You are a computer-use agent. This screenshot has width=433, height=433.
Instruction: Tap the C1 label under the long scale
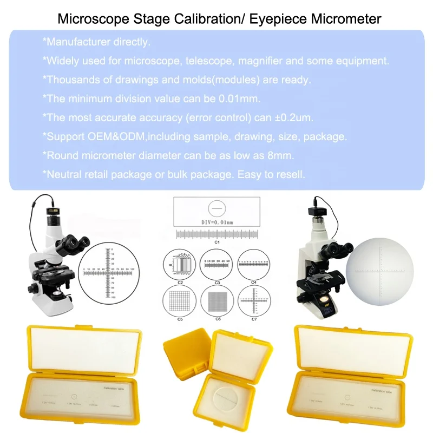[x=216, y=242]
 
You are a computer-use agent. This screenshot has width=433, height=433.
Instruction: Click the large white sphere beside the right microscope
[x=382, y=271]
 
